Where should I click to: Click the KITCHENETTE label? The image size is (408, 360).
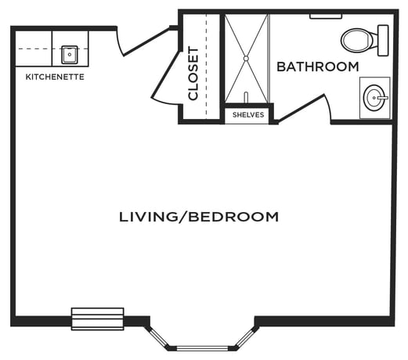[x=55, y=77]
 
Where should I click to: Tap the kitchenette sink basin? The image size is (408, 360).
[x=70, y=55]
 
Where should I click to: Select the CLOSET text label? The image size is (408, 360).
[x=193, y=74]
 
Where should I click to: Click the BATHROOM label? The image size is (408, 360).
[x=318, y=67]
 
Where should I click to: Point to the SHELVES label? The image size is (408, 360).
[x=248, y=115]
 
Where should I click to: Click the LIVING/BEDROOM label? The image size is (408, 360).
[x=199, y=217]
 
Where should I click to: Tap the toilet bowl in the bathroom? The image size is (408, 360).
[x=358, y=41]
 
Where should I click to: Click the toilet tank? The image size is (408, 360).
[x=383, y=41]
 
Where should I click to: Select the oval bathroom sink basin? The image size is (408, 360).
[x=374, y=98]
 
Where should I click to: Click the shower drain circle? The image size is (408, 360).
[x=246, y=59]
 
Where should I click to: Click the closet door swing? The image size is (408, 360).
[x=166, y=78]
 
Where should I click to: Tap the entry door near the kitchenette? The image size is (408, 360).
[x=146, y=41]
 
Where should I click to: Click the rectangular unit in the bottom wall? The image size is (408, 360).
[x=98, y=319]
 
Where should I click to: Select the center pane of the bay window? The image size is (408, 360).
[x=202, y=348]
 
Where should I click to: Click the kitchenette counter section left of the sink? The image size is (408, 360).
[x=34, y=49]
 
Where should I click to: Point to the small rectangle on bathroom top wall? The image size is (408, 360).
[x=326, y=16]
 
